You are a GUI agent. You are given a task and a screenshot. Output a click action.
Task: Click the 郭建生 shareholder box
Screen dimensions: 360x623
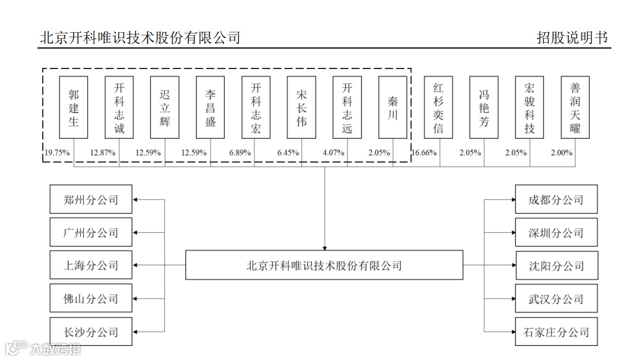pos(74,108)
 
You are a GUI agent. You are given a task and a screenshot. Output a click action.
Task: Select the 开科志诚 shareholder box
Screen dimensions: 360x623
pos(119,108)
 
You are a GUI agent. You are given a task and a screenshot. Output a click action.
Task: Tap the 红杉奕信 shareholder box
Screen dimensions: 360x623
pos(438,108)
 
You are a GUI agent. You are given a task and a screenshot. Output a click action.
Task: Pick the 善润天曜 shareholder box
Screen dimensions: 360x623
pos(575,108)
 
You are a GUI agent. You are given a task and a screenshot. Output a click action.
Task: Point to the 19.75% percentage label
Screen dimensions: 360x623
pos(57,153)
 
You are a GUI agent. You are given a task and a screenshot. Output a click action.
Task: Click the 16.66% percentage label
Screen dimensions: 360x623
pos(425,153)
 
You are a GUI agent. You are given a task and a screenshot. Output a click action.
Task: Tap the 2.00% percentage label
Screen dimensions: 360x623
pos(562,153)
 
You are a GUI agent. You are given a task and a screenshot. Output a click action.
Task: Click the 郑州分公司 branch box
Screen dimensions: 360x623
pos(91,200)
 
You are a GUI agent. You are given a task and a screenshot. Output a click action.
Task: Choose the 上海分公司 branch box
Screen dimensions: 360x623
pos(91,266)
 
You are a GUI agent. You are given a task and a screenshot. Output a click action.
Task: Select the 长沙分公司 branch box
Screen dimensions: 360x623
pos(91,332)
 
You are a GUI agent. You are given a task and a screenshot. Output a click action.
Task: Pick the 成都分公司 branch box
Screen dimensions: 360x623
pos(556,200)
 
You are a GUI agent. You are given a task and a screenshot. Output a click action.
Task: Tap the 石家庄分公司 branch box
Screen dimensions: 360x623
pos(556,332)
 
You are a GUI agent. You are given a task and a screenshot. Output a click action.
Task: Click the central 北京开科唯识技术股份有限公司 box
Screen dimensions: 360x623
pos(324,265)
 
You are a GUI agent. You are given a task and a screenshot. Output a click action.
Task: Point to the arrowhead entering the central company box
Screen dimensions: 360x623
pos(324,247)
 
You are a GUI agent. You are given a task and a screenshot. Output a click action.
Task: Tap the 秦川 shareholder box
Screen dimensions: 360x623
pos(393,108)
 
